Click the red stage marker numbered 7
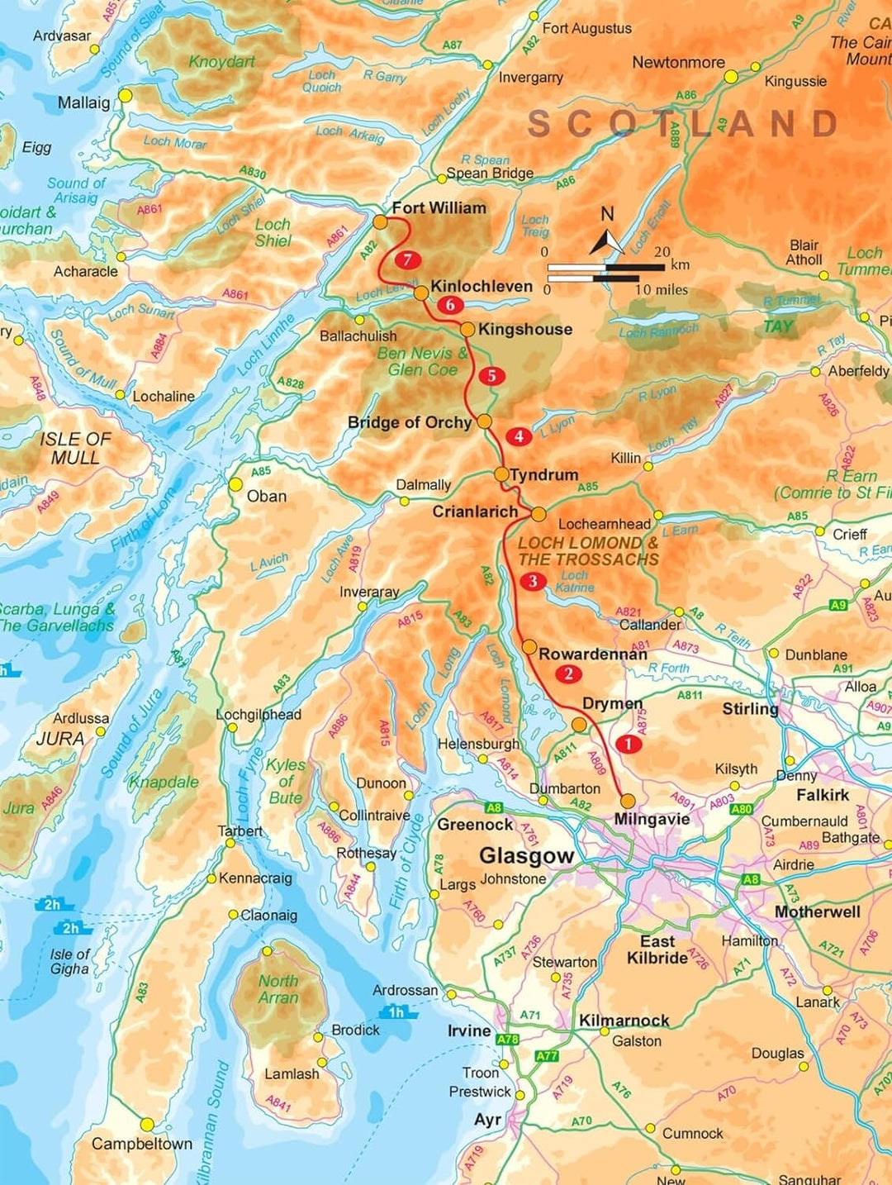click(407, 260)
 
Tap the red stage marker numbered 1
click(629, 744)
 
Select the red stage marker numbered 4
click(519, 436)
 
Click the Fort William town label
click(439, 208)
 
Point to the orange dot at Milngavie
click(628, 801)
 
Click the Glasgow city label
click(526, 855)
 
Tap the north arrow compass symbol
click(607, 240)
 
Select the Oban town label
click(267, 497)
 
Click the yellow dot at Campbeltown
click(147, 1125)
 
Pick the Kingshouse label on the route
click(524, 329)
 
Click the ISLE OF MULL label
click(74, 448)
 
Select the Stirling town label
click(750, 709)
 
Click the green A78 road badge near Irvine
click(507, 1040)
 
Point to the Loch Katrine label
click(575, 581)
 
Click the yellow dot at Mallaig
click(125, 96)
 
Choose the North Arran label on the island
click(278, 989)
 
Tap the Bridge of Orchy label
click(409, 422)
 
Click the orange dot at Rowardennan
click(529, 647)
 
